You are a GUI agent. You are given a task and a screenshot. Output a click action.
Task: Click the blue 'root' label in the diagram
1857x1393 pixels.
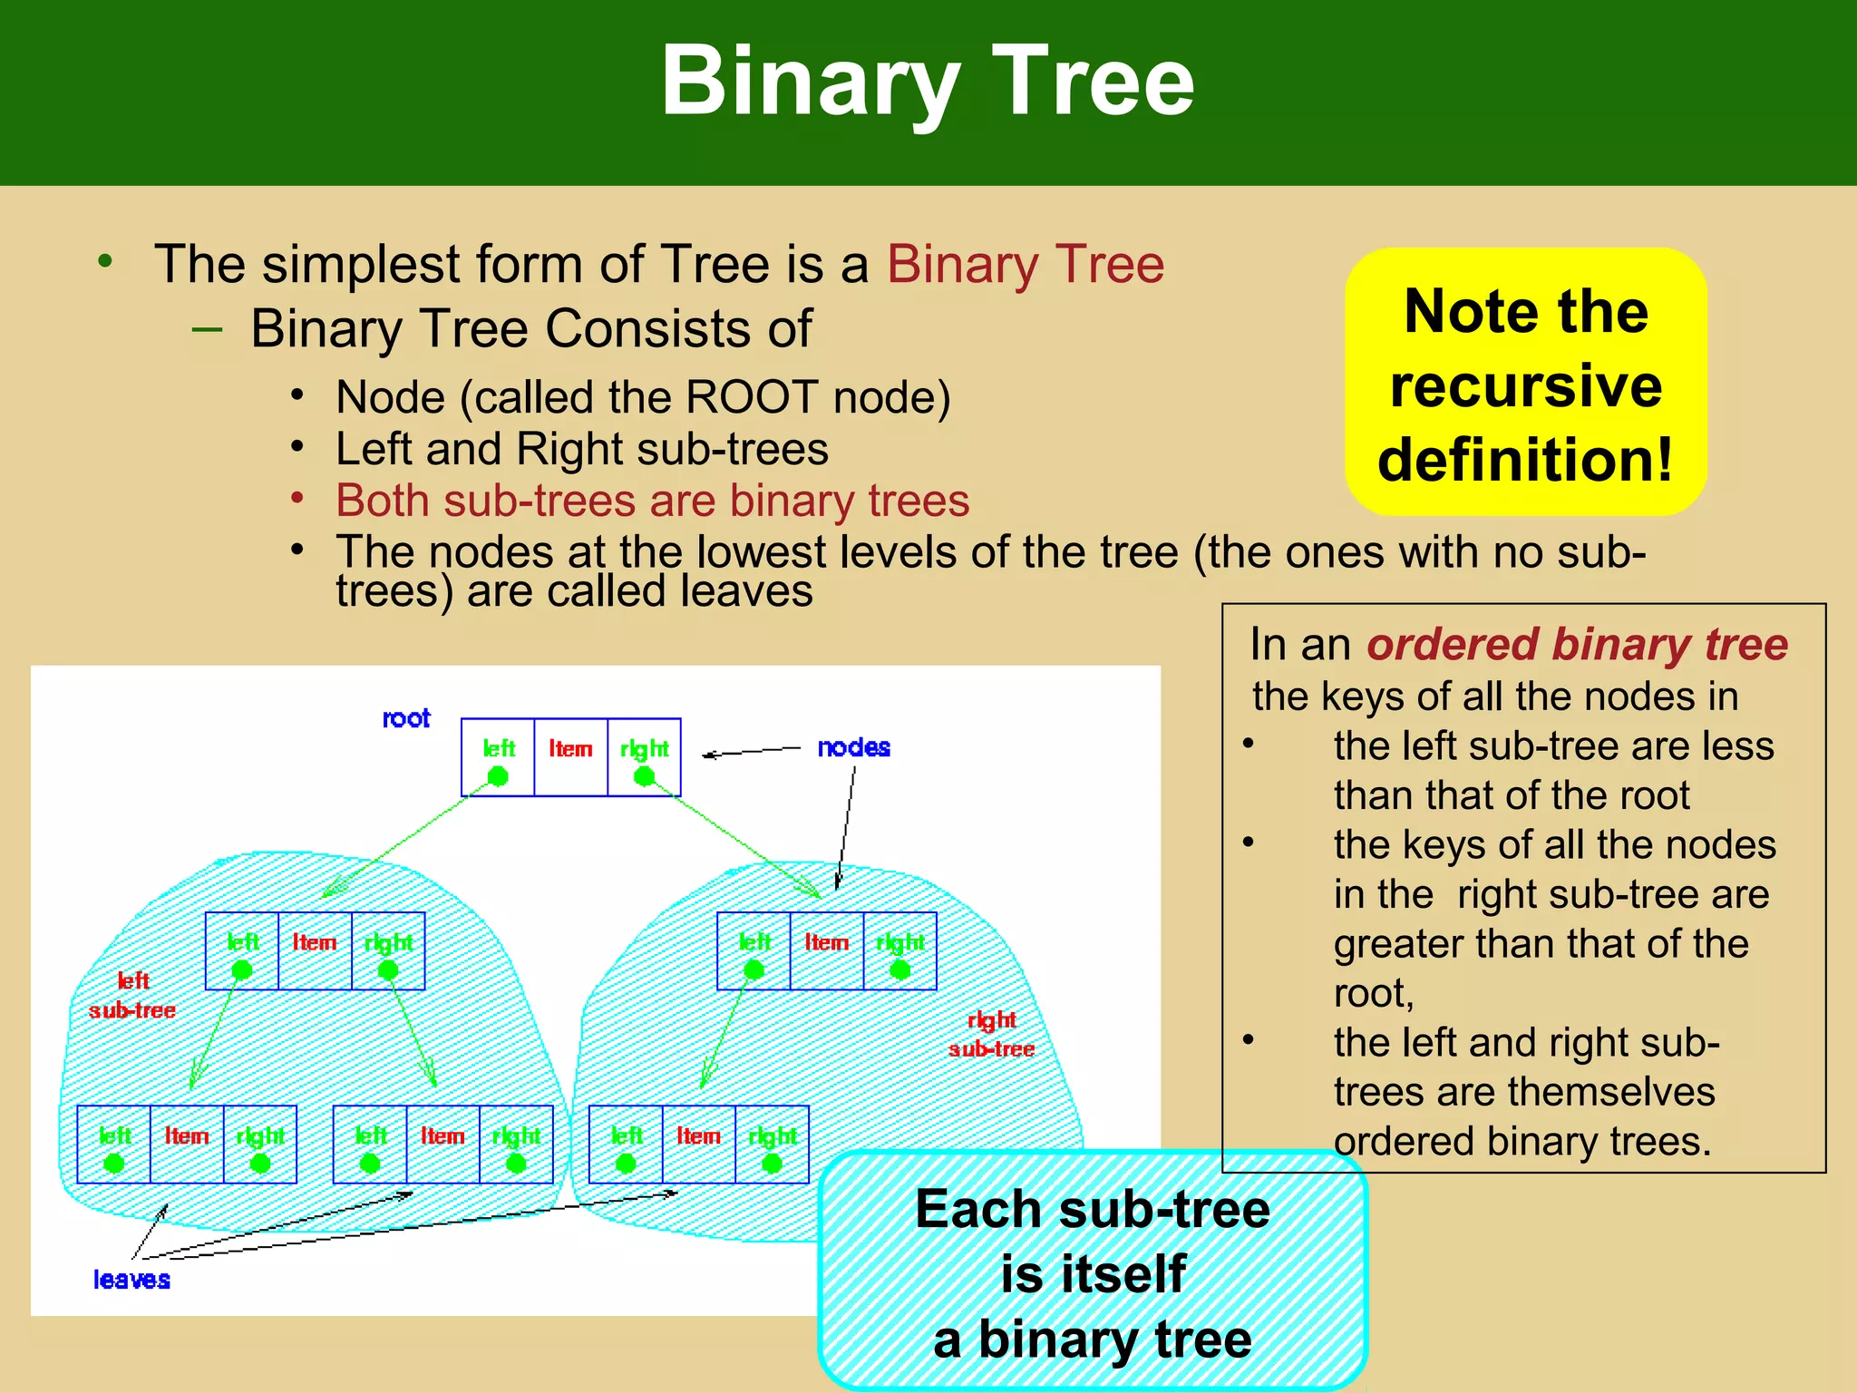405,718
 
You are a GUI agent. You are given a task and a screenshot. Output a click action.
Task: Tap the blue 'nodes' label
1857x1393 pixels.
853,747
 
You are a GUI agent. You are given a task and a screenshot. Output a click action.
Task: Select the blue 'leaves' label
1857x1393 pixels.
131,1280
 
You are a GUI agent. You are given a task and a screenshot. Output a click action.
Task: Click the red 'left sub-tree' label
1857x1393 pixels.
132,996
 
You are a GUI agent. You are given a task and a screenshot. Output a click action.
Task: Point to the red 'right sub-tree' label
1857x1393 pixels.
991,1034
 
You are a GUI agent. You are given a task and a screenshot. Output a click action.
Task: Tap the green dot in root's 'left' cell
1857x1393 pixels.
498,776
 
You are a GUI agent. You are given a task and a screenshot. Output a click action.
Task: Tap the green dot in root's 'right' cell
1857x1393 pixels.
644,776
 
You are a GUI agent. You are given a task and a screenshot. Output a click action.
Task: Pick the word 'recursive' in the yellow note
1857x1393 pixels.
1526,385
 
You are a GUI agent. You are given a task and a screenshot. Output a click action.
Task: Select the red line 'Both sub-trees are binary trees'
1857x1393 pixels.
652,501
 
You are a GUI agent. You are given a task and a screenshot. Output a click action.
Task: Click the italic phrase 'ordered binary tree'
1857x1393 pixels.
1577,645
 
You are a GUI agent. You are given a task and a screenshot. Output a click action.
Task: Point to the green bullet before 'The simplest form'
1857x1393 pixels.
105,261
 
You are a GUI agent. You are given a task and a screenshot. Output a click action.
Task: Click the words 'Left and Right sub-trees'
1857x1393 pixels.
582,449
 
